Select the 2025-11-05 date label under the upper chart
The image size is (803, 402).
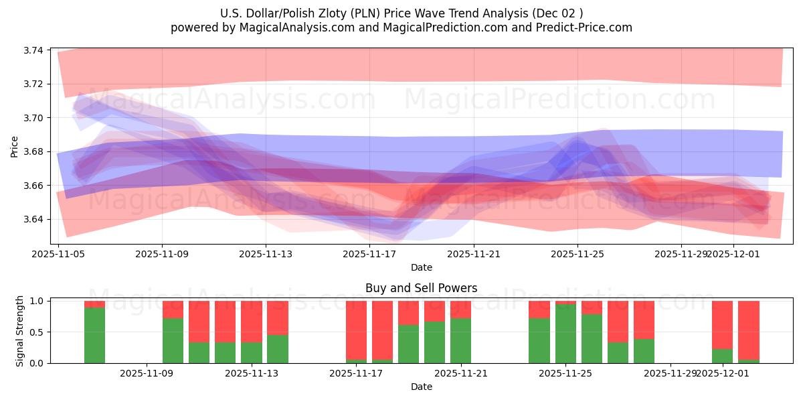(x=58, y=255)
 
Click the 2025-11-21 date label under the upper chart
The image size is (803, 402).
(x=473, y=255)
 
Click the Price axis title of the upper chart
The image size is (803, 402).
(x=15, y=146)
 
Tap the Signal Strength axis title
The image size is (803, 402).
(x=20, y=331)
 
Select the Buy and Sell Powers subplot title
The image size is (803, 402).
(x=421, y=289)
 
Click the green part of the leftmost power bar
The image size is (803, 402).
(x=94, y=335)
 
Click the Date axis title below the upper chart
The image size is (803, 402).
(x=421, y=267)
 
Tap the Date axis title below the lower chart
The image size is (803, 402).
(x=421, y=387)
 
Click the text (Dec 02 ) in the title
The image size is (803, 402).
(x=558, y=13)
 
